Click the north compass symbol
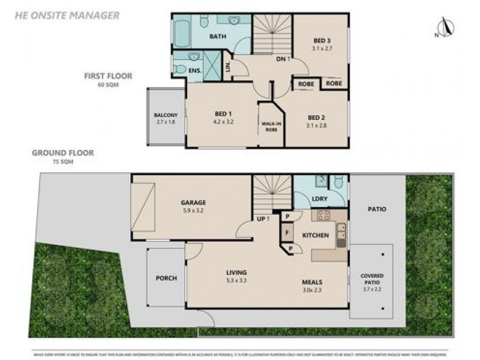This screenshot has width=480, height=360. click(x=444, y=27)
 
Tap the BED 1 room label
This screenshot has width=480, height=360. click(x=223, y=114)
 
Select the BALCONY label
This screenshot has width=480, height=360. click(x=165, y=115)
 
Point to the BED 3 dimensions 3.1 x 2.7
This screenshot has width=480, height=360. click(x=322, y=49)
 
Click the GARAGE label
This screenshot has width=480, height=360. click(x=193, y=203)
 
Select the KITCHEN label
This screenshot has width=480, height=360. click(x=315, y=235)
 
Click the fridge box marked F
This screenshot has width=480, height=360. click(x=287, y=232)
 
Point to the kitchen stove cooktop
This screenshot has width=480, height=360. click(x=324, y=215)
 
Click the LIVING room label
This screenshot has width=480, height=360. click(x=237, y=272)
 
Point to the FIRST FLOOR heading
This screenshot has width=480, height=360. click(x=108, y=76)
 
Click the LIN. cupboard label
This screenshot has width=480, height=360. click(x=228, y=67)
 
